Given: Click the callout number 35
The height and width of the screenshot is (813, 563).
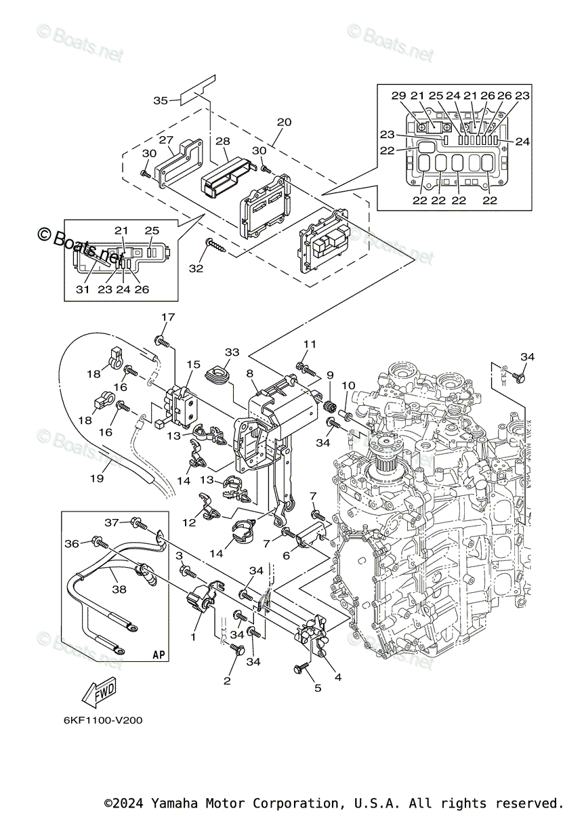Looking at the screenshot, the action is pos(160,100).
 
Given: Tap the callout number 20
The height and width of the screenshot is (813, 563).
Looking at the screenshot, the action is pos(284,122).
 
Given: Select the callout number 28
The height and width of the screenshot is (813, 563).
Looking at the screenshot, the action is pos(222,141).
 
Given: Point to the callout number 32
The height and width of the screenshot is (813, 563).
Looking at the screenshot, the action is pos(196,268).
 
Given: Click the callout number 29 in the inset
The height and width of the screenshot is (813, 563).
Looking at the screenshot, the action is pos(398,96).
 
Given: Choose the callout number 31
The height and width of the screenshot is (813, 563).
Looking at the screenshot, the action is pos(83,289).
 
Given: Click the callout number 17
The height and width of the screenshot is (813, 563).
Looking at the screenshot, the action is pos(168,317).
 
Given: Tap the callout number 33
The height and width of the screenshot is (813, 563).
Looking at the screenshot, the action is pos(232,352).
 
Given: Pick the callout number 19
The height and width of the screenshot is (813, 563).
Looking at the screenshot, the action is pos(97,478).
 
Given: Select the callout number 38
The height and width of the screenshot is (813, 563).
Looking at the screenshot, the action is pos(119,589).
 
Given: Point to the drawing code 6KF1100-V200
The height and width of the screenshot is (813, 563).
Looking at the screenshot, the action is pos(103,720).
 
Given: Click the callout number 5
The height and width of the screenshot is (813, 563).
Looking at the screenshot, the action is pos(318,688).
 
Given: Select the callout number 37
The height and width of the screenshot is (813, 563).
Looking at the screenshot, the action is pos(112,522).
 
